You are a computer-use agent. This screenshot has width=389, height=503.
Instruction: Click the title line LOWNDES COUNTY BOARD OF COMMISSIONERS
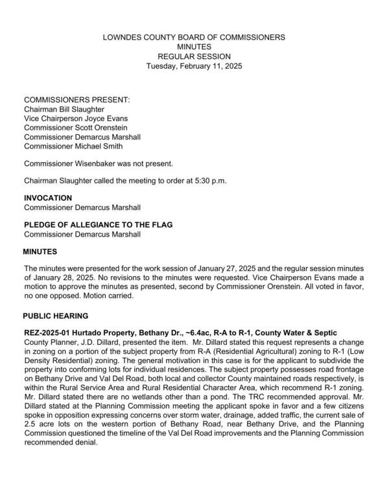pyautogui.click(x=194, y=38)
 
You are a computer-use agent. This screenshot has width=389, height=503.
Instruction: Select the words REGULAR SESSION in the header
pyautogui.click(x=194, y=56)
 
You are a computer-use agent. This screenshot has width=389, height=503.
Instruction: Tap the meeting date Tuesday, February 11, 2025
pyautogui.click(x=194, y=66)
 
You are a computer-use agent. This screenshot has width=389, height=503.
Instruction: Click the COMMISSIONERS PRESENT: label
pyautogui.click(x=77, y=100)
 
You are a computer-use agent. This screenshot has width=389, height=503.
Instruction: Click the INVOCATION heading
pyautogui.click(x=48, y=198)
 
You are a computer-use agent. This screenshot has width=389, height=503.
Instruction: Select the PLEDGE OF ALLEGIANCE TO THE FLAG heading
pyautogui.click(x=102, y=224)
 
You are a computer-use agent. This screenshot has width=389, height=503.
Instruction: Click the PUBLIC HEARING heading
pyautogui.click(x=55, y=316)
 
